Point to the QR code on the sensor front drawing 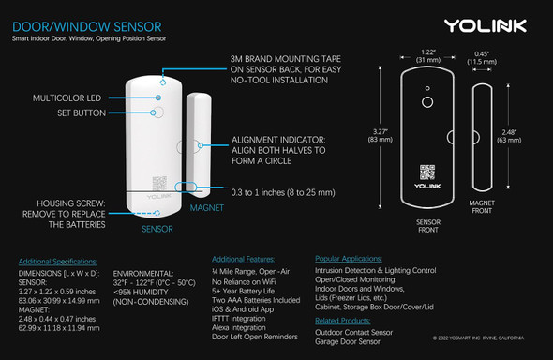click(x=427, y=172)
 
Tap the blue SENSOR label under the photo click(x=157, y=228)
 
